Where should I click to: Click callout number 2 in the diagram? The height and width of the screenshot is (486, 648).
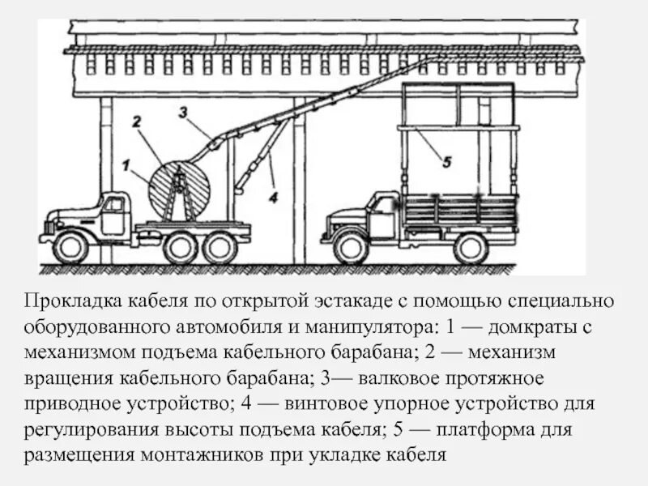click(136, 122)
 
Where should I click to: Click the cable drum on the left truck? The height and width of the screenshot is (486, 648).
click(180, 192)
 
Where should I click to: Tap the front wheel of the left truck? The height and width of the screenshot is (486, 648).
click(70, 246)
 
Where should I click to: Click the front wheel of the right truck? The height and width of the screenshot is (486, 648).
click(351, 246)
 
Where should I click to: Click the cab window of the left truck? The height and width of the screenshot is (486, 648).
click(114, 205)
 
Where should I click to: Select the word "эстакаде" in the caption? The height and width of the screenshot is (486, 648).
click(339, 302)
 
